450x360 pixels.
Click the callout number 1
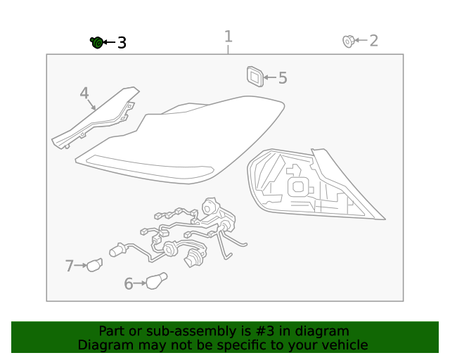[228, 36]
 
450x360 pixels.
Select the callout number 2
[373, 41]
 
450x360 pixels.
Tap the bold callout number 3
[122, 43]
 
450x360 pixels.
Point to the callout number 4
[84, 94]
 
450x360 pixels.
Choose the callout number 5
[283, 78]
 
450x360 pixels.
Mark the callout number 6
[129, 284]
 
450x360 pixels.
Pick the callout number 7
[70, 266]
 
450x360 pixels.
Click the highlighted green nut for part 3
[96, 43]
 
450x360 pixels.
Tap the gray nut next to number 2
[348, 41]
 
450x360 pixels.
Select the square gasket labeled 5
[255, 77]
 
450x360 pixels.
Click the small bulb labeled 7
[94, 264]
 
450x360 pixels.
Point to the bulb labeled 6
[156, 281]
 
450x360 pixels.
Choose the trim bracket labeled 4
[95, 120]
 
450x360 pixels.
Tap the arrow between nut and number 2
[361, 41]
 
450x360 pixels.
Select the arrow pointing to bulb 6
[139, 284]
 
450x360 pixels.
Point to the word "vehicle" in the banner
[345, 345]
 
